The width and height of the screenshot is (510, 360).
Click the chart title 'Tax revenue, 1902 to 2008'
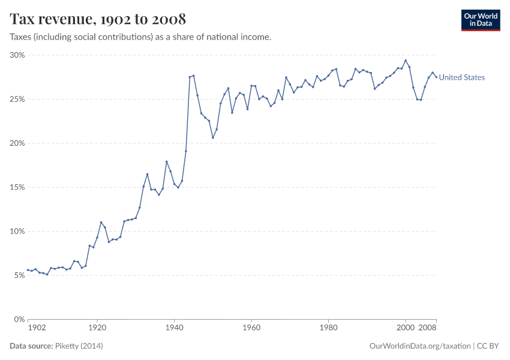(x=98, y=19)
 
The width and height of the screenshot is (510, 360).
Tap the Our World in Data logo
(x=480, y=20)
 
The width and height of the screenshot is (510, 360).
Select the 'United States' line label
(x=461, y=77)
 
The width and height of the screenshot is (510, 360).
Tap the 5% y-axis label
(x=18, y=275)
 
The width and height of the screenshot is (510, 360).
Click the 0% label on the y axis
(x=18, y=319)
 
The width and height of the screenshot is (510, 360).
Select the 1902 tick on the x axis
(x=37, y=328)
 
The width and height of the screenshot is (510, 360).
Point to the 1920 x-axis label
(x=97, y=328)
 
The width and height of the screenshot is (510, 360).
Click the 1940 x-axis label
(x=174, y=328)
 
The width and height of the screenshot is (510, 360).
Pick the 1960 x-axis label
(x=251, y=328)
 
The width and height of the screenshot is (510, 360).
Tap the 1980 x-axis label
(x=328, y=328)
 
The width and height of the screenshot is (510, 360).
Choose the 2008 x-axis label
(x=427, y=328)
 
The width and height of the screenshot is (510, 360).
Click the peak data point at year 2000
(x=406, y=60)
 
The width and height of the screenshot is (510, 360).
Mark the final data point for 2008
(x=436, y=77)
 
